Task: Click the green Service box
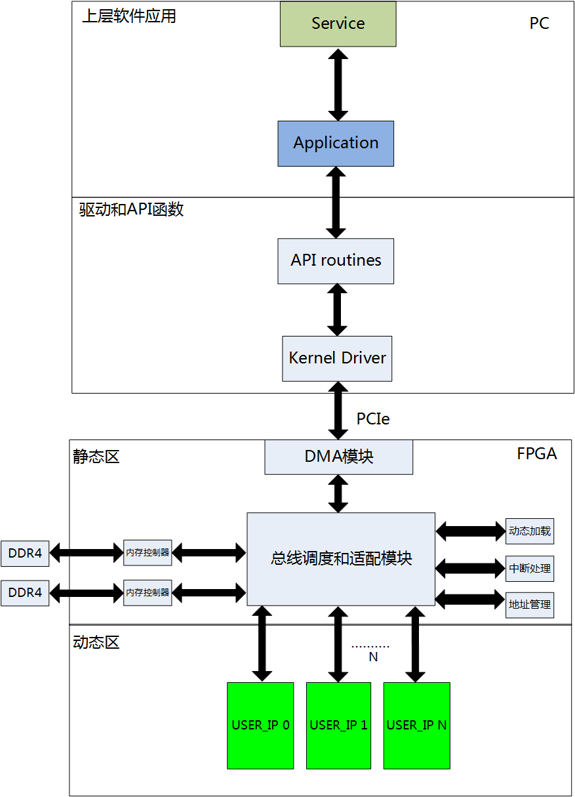tap(338, 24)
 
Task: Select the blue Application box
tap(336, 143)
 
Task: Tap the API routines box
tap(336, 261)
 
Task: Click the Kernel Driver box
tap(337, 358)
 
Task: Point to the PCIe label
tap(373, 419)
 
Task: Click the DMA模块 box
tap(338, 457)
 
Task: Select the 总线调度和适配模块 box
tap(341, 559)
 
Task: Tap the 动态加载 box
tap(530, 531)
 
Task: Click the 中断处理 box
tap(530, 569)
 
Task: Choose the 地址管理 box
tap(530, 605)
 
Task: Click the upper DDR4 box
tap(25, 554)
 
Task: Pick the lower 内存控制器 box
tap(148, 592)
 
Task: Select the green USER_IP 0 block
tap(260, 725)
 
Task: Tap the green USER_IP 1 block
tap(338, 725)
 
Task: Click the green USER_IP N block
tap(416, 725)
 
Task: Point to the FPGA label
tap(537, 453)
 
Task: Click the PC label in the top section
tap(539, 24)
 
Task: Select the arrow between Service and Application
tap(338, 84)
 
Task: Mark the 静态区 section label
tap(96, 457)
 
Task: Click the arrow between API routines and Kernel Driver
tap(337, 310)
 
